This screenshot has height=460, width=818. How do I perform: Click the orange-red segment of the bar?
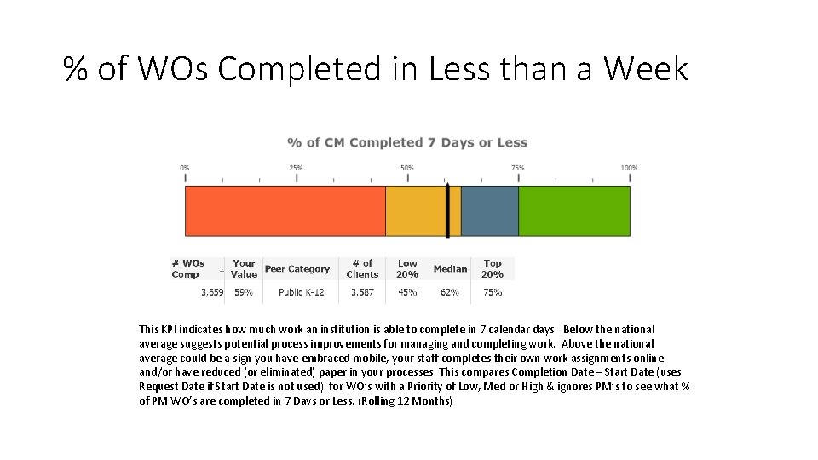click(x=285, y=211)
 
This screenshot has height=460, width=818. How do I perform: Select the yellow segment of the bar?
click(x=415, y=211)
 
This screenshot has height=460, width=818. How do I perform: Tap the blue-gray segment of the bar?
click(x=490, y=211)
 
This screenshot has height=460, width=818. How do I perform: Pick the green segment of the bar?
click(x=574, y=211)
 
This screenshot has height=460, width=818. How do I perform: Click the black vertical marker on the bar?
click(x=447, y=210)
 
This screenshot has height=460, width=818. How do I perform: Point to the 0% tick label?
click(x=185, y=168)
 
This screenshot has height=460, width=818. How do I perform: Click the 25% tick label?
click(x=296, y=168)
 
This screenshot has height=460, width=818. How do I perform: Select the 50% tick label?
click(x=407, y=168)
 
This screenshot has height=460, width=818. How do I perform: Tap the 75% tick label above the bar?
click(x=518, y=168)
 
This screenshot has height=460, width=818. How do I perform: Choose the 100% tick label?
click(x=629, y=168)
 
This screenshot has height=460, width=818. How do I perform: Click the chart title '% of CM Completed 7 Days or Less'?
click(x=407, y=142)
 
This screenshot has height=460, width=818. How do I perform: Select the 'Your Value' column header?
click(x=244, y=269)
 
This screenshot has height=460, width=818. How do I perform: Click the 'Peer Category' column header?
click(x=297, y=269)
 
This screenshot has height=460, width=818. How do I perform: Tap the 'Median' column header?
click(x=450, y=269)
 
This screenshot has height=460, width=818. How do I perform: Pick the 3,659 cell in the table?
click(x=212, y=292)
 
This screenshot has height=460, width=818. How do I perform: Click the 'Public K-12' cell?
click(x=302, y=292)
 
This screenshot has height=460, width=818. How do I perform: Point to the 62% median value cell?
click(x=450, y=292)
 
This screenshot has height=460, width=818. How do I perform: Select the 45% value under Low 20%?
click(x=407, y=292)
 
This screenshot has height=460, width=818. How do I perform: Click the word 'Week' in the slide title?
click(x=646, y=68)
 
